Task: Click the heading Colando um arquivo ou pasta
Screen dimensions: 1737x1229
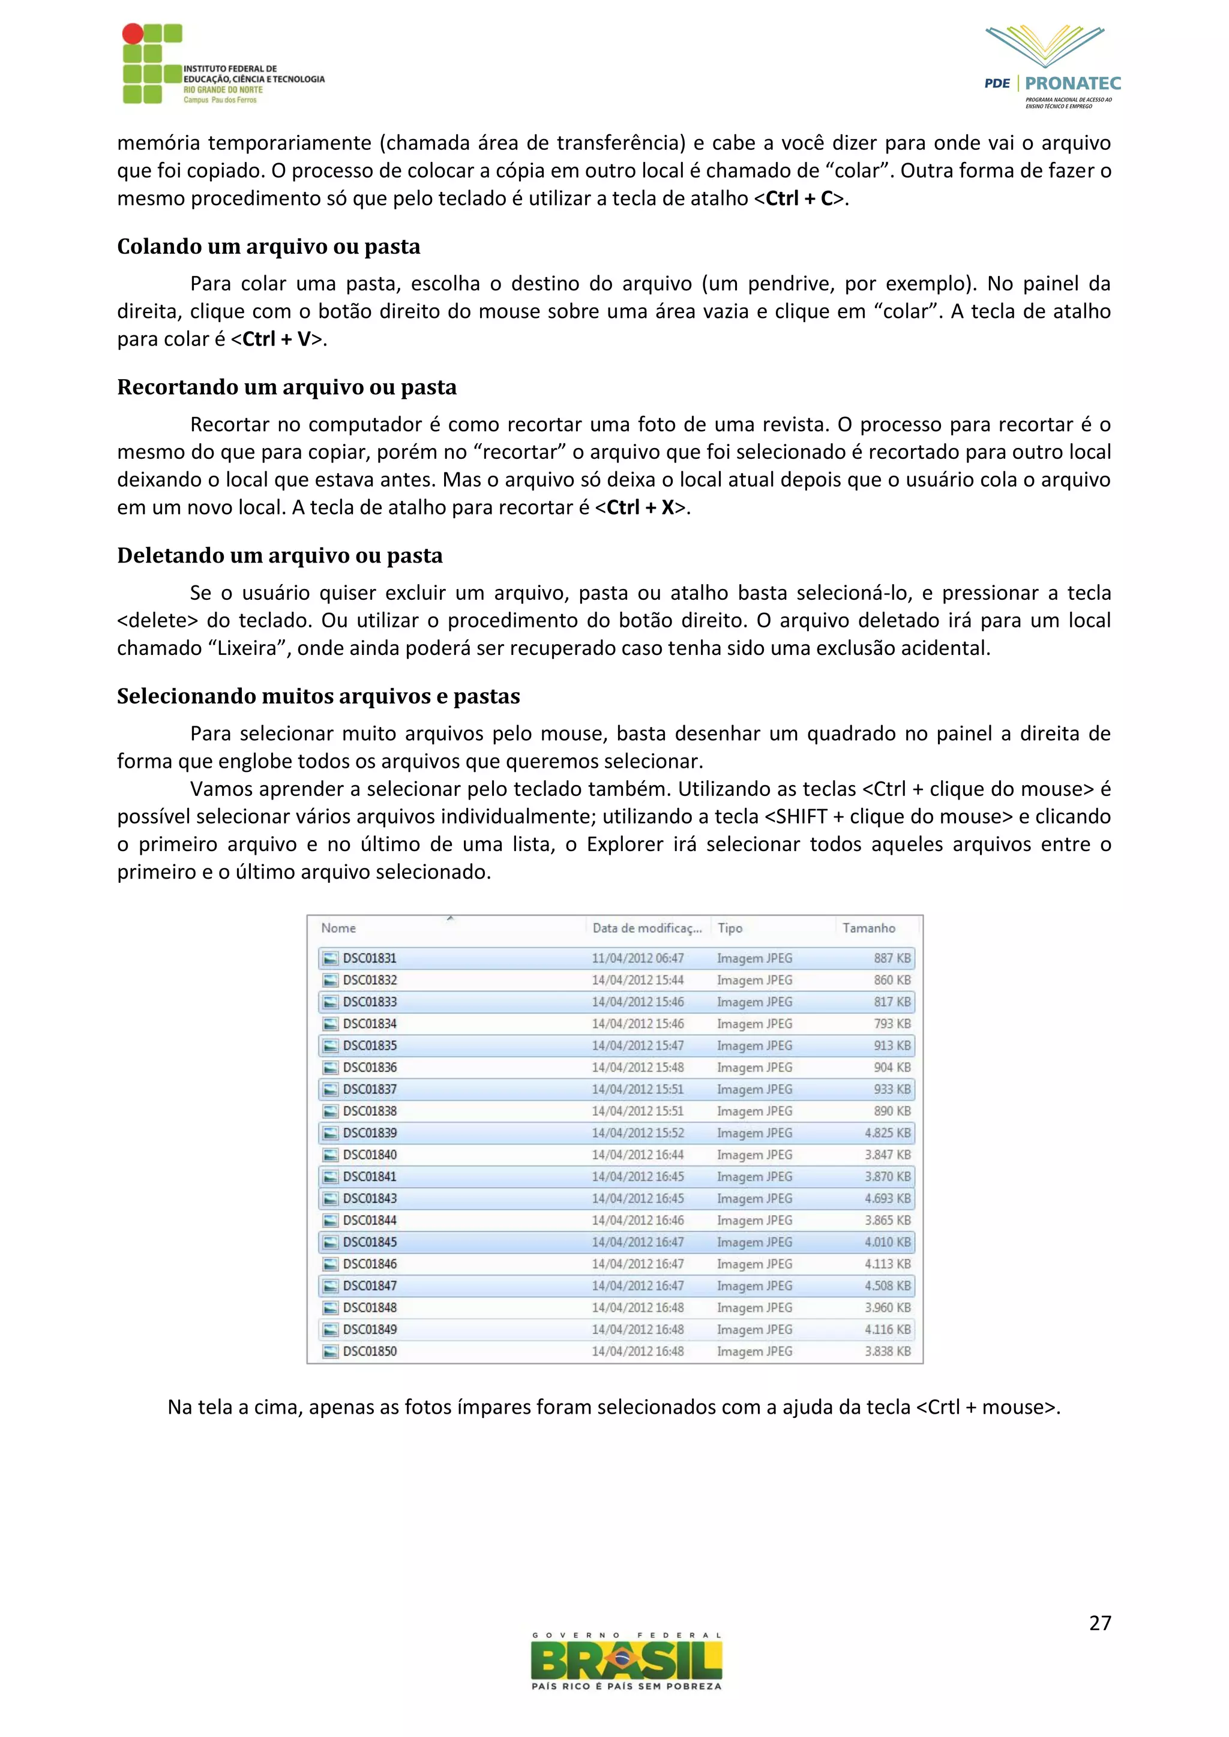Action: pos(269,247)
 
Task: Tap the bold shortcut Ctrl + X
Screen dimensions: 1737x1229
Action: pos(640,507)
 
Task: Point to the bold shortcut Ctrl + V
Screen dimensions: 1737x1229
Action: pos(276,339)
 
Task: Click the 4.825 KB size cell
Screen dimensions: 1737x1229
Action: pos(887,1132)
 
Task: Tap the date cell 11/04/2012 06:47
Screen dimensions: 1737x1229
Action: pos(637,958)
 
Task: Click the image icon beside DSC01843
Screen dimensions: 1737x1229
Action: pos(330,1198)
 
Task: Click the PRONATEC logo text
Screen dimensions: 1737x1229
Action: pos(1072,83)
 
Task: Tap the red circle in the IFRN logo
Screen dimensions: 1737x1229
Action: pos(133,33)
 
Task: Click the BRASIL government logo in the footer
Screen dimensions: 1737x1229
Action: pos(626,1662)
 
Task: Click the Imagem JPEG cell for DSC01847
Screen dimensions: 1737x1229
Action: pos(754,1285)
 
